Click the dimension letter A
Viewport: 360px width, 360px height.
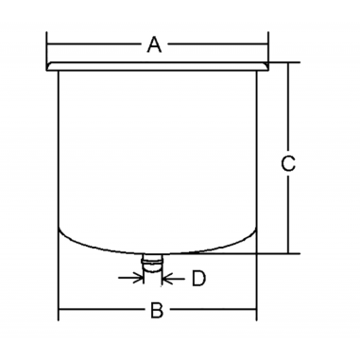[154, 44]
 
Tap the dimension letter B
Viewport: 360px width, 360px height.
[157, 310]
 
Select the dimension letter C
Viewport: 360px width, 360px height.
[288, 163]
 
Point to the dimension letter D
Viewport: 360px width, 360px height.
[199, 279]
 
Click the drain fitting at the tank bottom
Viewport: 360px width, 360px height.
[152, 263]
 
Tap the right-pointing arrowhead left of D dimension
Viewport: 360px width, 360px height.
[137, 278]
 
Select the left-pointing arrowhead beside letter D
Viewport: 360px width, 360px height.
[166, 278]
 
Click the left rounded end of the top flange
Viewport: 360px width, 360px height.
[48, 66]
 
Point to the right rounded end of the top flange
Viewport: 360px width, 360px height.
[266, 66]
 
